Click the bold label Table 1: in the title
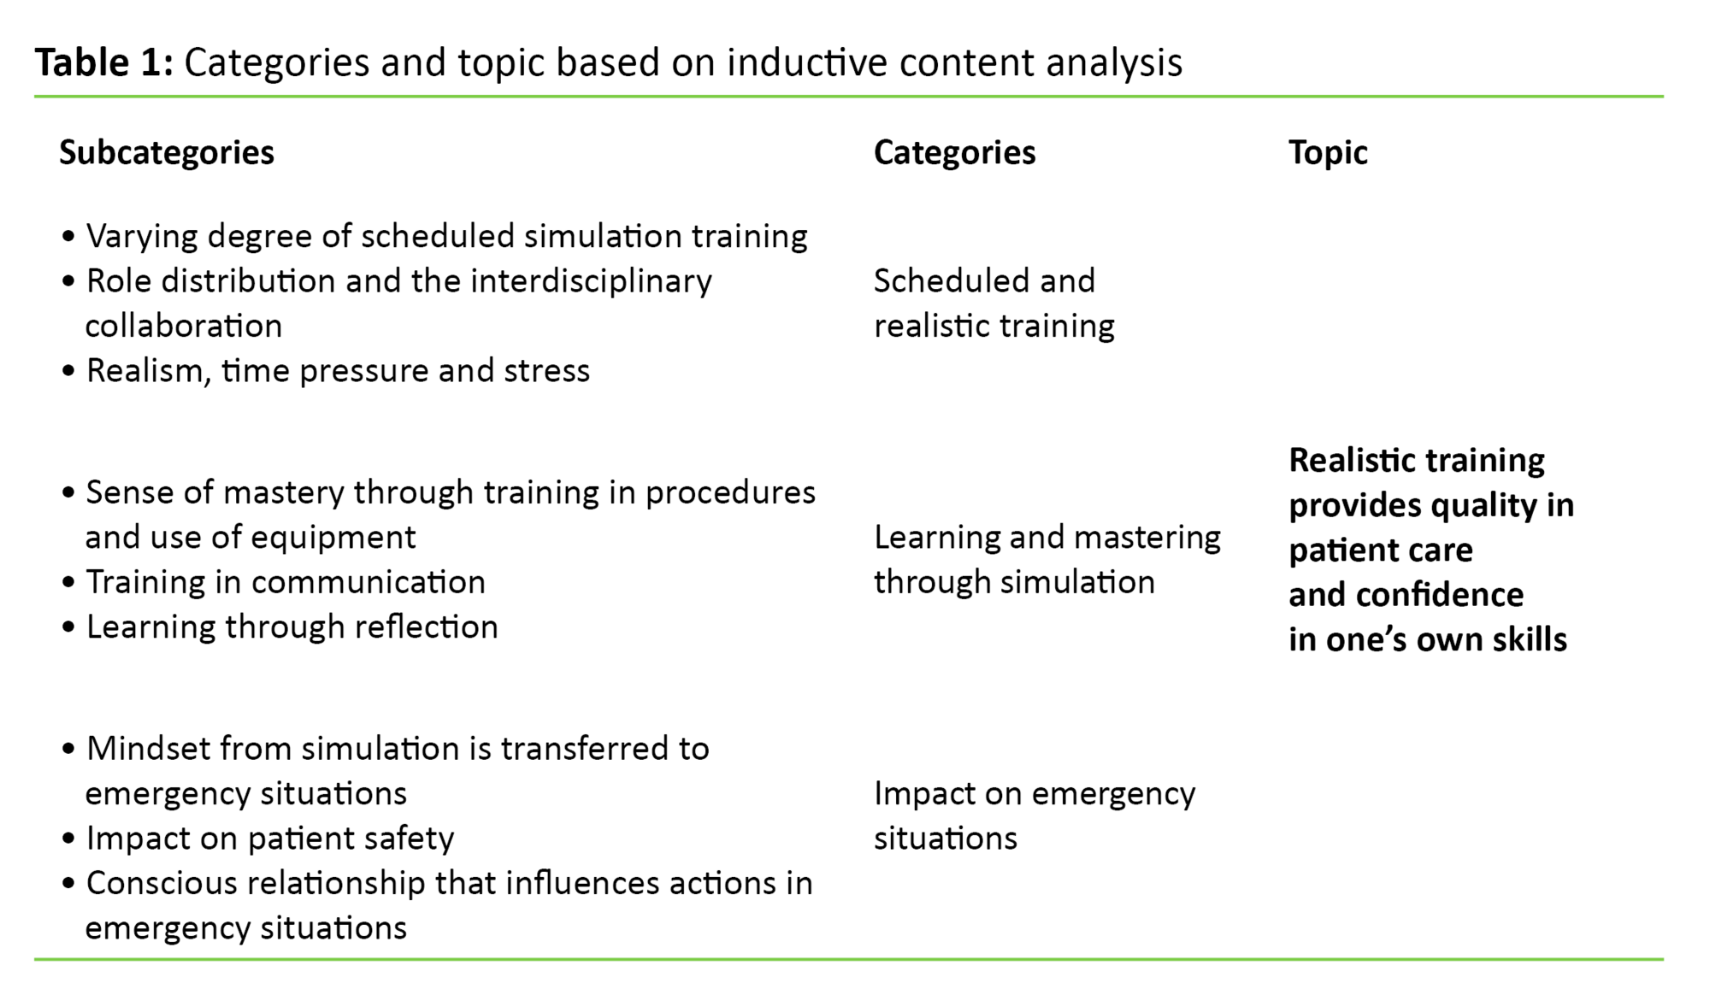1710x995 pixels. click(103, 63)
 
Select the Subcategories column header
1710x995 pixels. click(167, 153)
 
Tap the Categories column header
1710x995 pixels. click(954, 153)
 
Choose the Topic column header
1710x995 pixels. click(1328, 153)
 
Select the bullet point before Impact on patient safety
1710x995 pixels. click(69, 839)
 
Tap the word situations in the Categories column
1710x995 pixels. click(945, 839)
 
